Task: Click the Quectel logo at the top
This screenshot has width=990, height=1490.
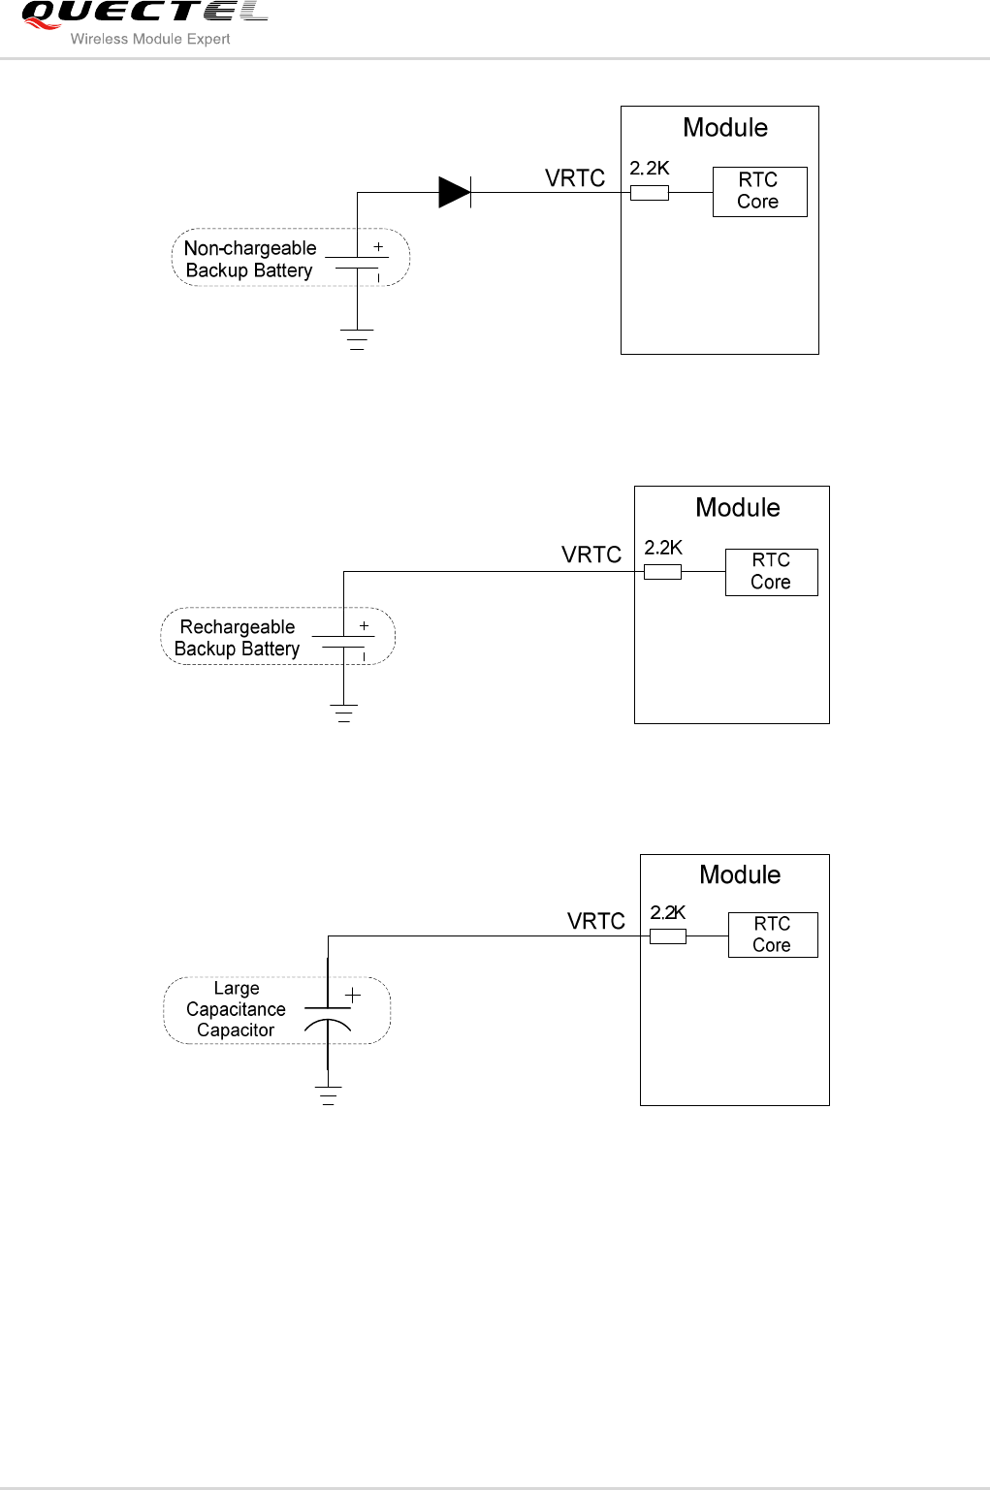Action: tap(144, 14)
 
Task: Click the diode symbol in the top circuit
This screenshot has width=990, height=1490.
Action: tap(455, 192)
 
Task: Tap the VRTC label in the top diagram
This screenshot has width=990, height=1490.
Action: tap(575, 178)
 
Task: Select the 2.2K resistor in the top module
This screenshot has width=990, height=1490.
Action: tap(649, 193)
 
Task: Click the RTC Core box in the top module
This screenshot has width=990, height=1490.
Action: tap(759, 191)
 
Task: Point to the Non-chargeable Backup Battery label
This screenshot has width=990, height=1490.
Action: tap(249, 259)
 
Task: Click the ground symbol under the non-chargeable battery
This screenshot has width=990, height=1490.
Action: tap(357, 339)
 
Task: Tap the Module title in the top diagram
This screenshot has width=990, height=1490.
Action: tap(725, 128)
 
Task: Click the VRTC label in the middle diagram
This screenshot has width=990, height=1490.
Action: tap(591, 555)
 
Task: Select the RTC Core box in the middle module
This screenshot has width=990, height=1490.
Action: tap(771, 572)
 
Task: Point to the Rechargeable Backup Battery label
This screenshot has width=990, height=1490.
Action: tap(238, 638)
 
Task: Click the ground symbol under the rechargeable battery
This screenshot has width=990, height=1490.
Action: tap(343, 714)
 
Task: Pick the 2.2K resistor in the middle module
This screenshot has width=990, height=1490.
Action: tap(662, 572)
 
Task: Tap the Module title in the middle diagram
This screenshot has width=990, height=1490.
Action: tap(738, 508)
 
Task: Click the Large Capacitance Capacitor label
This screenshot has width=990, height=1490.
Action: tap(236, 1009)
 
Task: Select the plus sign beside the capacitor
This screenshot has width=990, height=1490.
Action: tap(352, 995)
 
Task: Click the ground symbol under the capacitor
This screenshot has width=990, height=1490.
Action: tap(328, 1096)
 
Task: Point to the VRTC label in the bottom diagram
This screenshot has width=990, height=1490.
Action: tap(596, 921)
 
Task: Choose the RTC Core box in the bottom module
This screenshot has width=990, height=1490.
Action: tap(773, 935)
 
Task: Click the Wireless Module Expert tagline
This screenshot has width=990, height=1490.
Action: tap(150, 40)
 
